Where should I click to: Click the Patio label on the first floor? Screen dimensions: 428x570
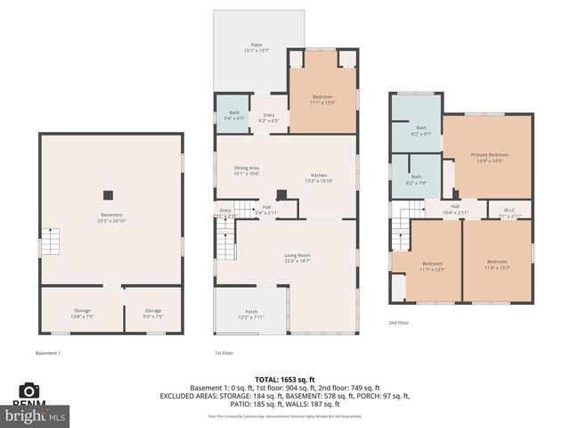coord(256,47)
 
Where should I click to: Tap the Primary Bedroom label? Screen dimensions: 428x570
coord(487,158)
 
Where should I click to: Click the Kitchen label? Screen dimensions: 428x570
coord(319,177)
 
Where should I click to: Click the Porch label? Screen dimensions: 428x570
coord(250,314)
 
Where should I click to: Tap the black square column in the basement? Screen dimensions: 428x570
coord(109,194)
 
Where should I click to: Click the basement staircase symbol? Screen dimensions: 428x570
coord(53,242)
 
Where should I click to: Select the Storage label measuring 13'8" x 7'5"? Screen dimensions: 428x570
coord(81,314)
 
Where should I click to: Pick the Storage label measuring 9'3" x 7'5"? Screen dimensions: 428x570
coord(152,314)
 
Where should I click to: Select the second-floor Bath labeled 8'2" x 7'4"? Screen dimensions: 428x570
coord(416,179)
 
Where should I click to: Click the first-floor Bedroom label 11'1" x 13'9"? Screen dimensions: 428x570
coord(322,99)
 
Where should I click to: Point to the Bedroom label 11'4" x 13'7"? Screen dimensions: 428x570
coord(495,266)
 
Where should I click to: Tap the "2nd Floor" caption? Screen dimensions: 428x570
coord(398,323)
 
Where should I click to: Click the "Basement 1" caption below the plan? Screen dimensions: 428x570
coord(47,353)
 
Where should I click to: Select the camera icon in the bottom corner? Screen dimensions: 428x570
coord(29,391)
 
